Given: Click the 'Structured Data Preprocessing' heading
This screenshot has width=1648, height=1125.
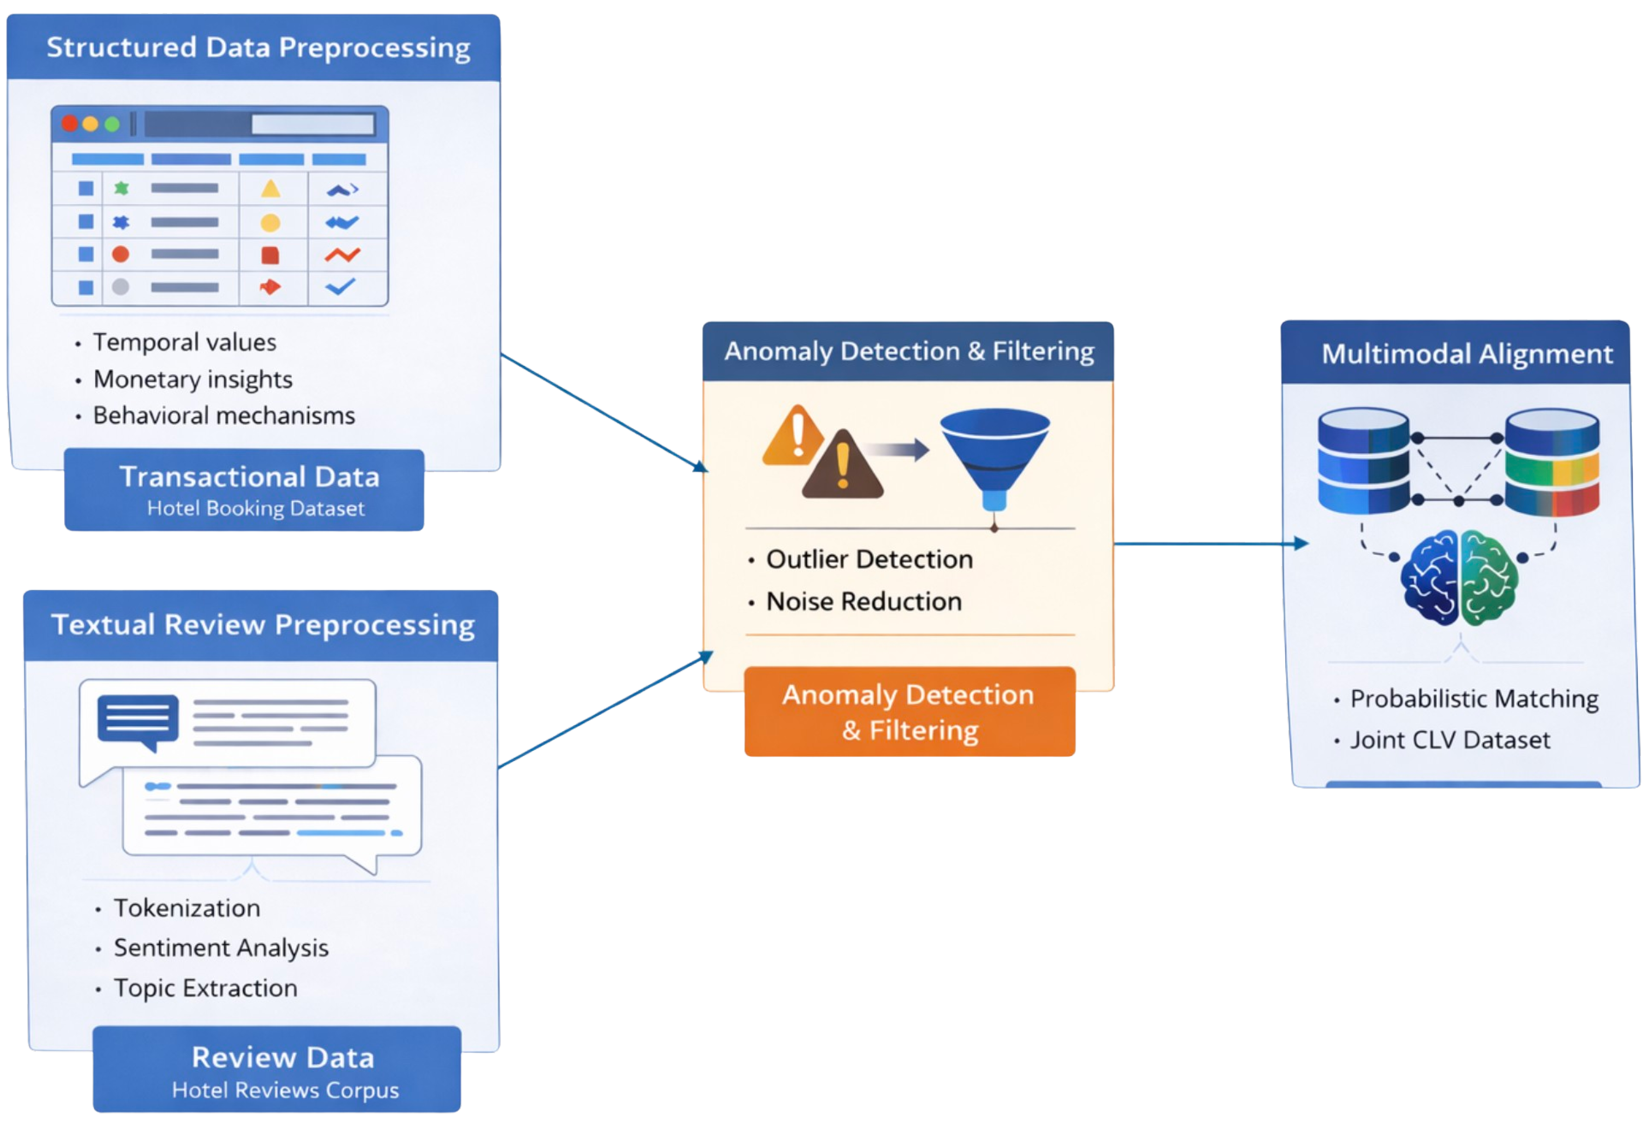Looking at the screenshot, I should click(x=258, y=48).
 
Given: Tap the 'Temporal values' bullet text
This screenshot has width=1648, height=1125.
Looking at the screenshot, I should click(x=184, y=343).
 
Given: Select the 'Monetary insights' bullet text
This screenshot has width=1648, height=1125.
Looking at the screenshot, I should click(x=193, y=379).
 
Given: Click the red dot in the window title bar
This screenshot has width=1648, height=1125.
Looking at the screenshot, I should click(x=69, y=124).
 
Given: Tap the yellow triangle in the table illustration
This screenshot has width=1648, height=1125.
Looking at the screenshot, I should click(x=270, y=189).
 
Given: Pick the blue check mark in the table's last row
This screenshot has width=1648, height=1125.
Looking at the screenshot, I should click(x=340, y=287).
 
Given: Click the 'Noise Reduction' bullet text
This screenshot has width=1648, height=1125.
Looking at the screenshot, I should click(x=864, y=602).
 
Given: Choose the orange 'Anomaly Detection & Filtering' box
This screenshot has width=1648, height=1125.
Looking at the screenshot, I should click(x=909, y=712).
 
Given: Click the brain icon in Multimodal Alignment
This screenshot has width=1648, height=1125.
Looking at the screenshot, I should click(x=1459, y=578).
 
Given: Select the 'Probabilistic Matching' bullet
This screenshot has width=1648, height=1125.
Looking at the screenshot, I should click(x=1474, y=699).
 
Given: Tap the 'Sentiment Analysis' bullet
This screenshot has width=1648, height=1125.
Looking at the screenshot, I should click(x=221, y=948).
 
